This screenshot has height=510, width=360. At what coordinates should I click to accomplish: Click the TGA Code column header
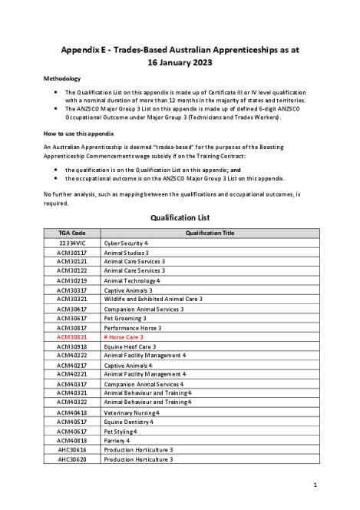click(72, 232)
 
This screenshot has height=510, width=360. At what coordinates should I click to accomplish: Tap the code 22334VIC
click(72, 242)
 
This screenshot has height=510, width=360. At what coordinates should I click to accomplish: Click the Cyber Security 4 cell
click(126, 242)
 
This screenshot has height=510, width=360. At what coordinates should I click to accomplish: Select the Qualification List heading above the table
click(180, 217)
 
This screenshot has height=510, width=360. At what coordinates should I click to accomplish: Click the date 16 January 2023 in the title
click(180, 61)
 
